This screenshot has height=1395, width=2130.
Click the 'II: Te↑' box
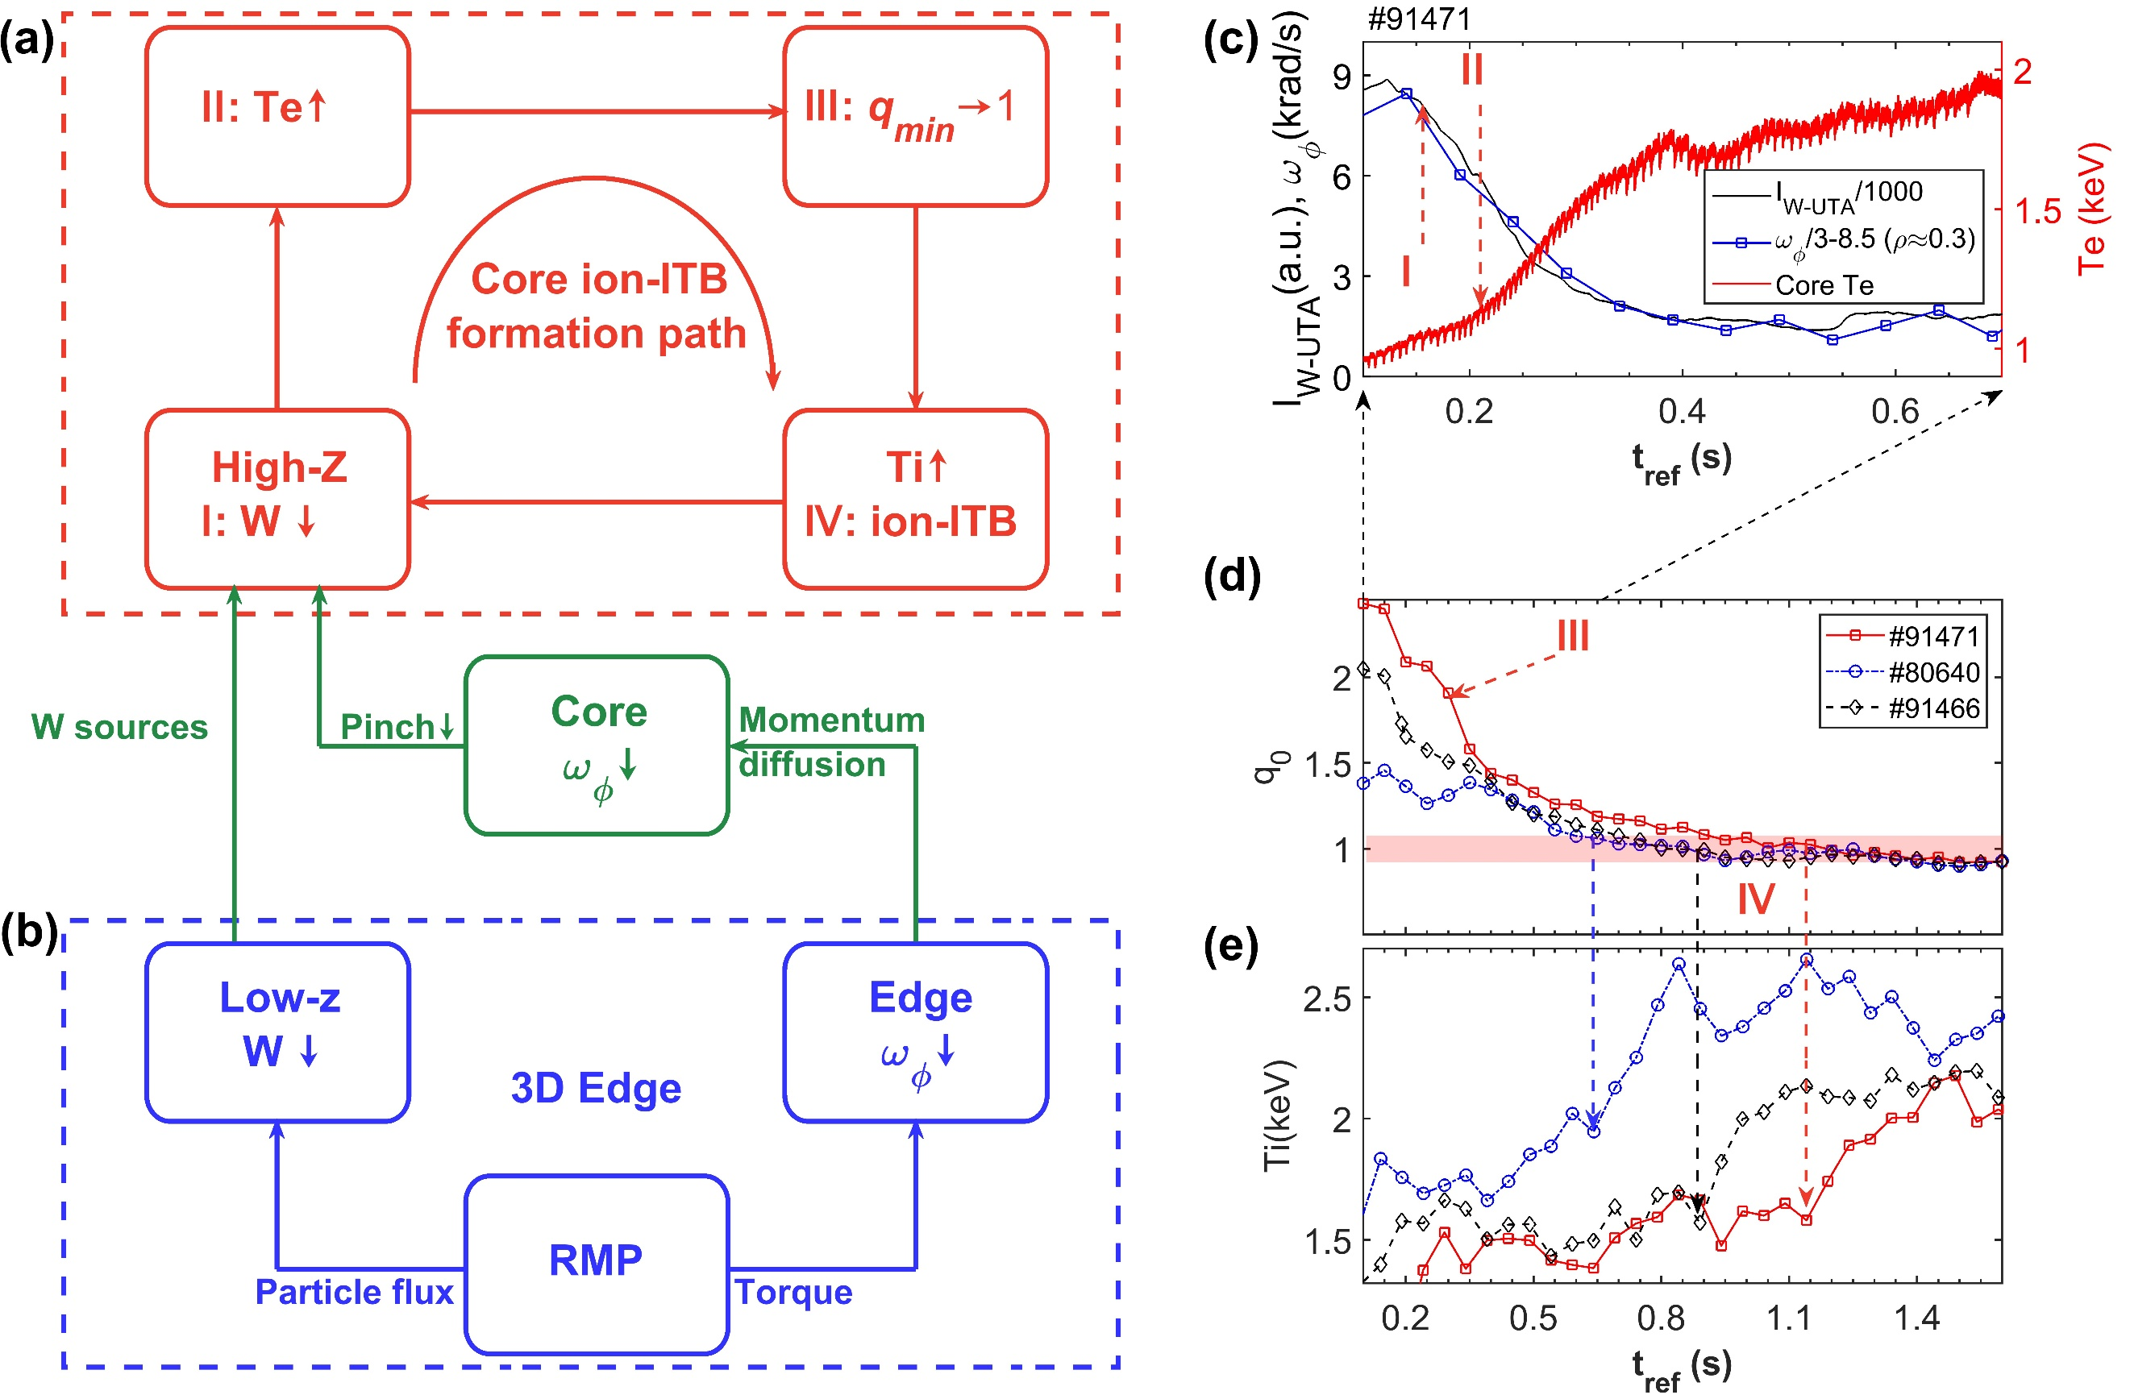pyautogui.click(x=277, y=116)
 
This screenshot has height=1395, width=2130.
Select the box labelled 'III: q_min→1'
pyautogui.click(x=915, y=116)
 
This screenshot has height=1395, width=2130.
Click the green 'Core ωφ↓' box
pyautogui.click(x=597, y=745)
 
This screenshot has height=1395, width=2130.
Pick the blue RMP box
pyautogui.click(x=597, y=1264)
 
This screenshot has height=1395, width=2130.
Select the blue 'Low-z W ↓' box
pyautogui.click(x=277, y=1032)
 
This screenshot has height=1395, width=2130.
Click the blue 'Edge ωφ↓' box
pyautogui.click(x=915, y=1032)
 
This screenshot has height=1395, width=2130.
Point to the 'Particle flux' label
pyautogui.click(x=355, y=1292)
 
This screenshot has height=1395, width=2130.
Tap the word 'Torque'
pyautogui.click(x=794, y=1292)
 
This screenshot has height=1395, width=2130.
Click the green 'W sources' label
pyautogui.click(x=119, y=727)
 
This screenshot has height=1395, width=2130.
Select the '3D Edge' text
pyautogui.click(x=596, y=1088)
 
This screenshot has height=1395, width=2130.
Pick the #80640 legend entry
pyautogui.click(x=1933, y=671)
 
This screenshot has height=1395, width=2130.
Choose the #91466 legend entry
pyautogui.click(x=1933, y=708)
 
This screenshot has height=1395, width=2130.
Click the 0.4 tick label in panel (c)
pyautogui.click(x=1682, y=412)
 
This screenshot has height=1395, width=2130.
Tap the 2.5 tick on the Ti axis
pyautogui.click(x=1327, y=999)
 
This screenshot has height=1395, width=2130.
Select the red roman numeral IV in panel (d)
pyautogui.click(x=1756, y=899)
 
